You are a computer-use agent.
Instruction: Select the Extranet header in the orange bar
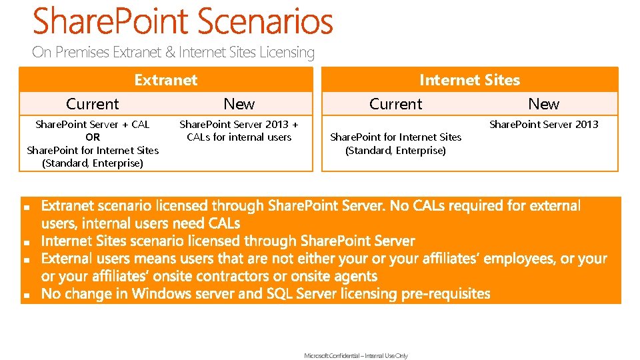pos(165,80)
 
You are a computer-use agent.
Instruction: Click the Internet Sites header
pos(469,80)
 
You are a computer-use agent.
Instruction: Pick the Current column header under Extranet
pos(93,104)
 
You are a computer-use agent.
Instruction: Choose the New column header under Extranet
pos(239,104)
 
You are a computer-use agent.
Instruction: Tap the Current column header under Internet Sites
pos(395,104)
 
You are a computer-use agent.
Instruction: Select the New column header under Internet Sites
pos(543,104)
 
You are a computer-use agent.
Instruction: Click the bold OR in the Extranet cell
pos(93,137)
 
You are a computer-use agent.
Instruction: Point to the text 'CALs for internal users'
pos(239,137)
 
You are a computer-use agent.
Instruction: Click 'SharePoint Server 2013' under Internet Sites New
pos(543,125)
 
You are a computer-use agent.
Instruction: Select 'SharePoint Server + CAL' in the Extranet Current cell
pos(93,125)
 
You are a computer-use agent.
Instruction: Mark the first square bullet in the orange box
pos(26,209)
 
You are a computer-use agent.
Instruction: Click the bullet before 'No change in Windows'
pos(26,295)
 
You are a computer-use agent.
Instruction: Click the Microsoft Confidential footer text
pos(356,356)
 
